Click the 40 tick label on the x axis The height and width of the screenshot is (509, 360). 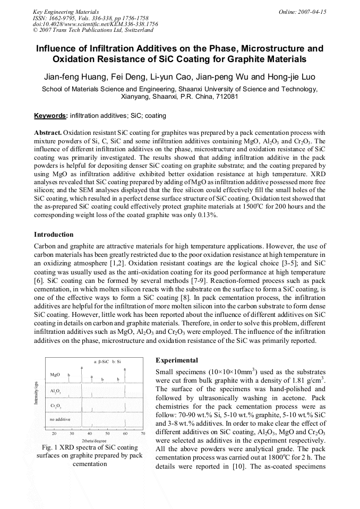click(90, 434)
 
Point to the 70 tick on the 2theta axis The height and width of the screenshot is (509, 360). click(143, 434)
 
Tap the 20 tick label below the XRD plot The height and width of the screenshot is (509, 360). click(54, 434)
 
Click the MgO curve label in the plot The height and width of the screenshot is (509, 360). click(55, 375)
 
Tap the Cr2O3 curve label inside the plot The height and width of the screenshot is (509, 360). click(56, 406)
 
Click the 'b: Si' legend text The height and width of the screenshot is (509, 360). click(117, 362)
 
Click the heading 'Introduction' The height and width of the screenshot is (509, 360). click(54, 235)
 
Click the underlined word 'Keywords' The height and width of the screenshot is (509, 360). click(50, 116)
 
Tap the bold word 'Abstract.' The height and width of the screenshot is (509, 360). click(48, 132)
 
